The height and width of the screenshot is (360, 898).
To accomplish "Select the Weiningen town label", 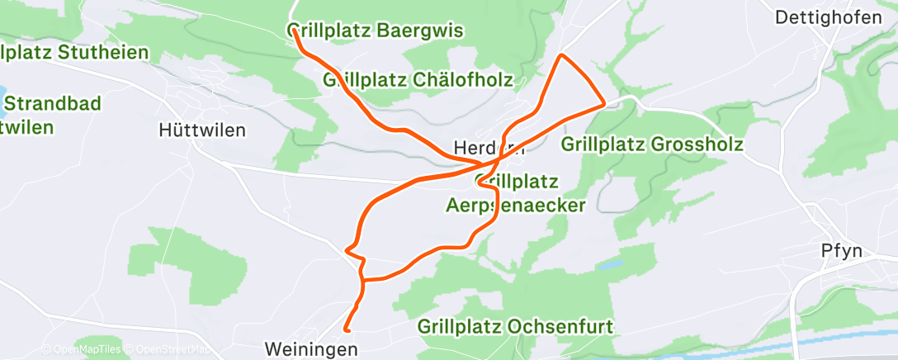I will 313,349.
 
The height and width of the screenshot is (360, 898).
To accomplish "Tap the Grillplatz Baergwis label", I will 376,31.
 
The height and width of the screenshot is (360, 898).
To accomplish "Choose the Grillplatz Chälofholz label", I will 418,80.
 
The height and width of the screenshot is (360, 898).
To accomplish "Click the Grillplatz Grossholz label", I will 652,144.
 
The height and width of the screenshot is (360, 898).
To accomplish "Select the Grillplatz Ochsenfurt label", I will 515,326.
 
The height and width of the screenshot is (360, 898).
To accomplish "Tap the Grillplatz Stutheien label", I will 74,53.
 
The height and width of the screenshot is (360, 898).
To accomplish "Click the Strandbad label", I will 52,104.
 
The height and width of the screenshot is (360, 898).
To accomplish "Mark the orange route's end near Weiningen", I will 345,331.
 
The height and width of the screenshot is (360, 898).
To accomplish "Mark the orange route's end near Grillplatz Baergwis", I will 294,33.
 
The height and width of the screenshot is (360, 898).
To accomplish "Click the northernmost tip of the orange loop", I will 561,55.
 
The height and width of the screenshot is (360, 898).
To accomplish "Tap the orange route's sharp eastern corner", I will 605,103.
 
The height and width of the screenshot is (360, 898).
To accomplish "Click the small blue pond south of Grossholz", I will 611,266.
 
